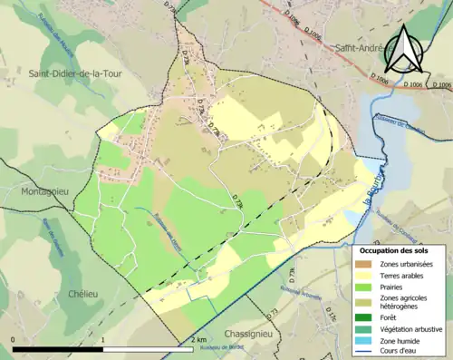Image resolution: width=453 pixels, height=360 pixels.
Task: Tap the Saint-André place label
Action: click(358, 48)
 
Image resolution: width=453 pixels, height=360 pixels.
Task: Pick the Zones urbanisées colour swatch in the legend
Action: click(368, 264)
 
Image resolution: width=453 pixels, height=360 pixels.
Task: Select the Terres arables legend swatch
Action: click(368, 277)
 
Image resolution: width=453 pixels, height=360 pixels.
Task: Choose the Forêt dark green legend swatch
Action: click(368, 316)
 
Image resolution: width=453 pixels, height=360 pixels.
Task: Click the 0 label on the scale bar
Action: click(13, 340)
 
